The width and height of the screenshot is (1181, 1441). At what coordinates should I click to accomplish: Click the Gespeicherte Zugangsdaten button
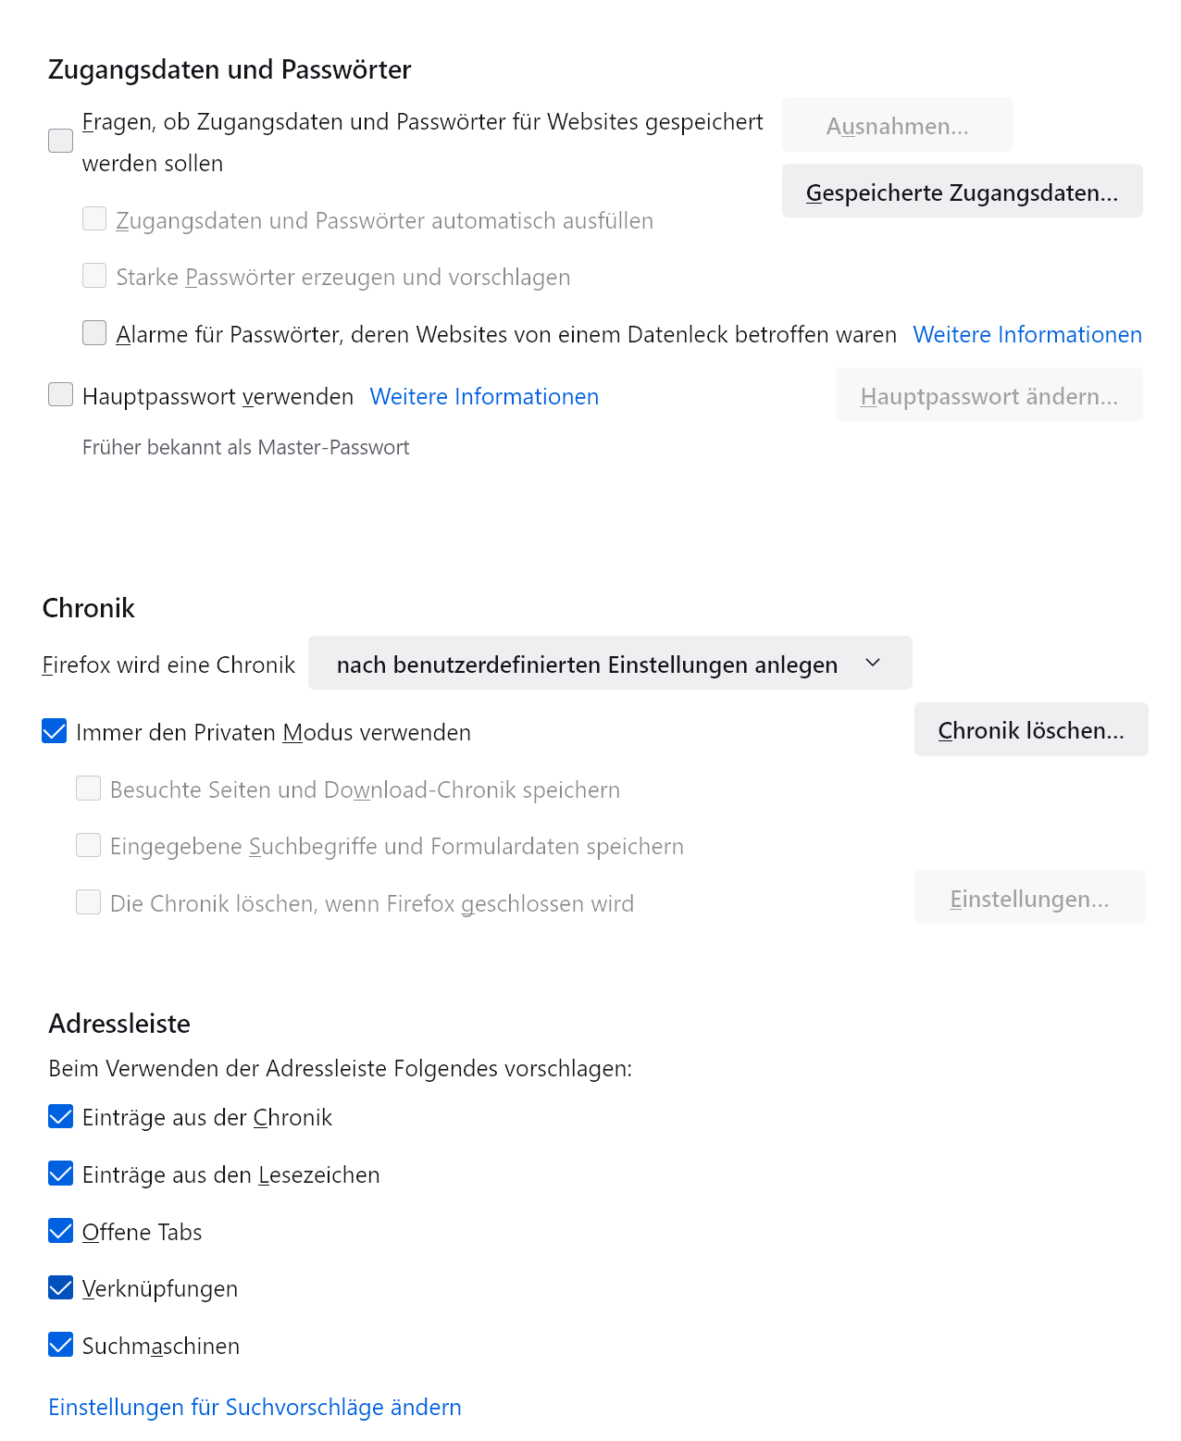tap(962, 192)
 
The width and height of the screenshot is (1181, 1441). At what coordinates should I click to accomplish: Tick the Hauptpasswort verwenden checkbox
tap(60, 395)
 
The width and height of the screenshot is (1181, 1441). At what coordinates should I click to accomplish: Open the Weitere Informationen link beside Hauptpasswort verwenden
tap(484, 396)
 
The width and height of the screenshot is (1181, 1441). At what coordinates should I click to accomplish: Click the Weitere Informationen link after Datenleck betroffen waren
tap(1027, 334)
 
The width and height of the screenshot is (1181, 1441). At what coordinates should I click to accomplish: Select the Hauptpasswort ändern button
tap(988, 395)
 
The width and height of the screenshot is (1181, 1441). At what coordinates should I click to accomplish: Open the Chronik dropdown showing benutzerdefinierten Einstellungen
tap(609, 664)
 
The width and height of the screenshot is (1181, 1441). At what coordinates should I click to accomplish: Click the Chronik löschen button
tap(1030, 730)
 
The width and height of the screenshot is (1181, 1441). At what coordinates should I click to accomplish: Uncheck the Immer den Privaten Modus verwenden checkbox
tap(55, 731)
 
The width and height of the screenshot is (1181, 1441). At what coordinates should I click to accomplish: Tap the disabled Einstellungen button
tap(1029, 898)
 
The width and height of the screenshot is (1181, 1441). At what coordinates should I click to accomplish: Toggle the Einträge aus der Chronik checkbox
tap(60, 1116)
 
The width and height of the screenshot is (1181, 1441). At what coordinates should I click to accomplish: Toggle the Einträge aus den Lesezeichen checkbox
tap(60, 1174)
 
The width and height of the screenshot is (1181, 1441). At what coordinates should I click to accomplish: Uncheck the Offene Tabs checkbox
tap(60, 1231)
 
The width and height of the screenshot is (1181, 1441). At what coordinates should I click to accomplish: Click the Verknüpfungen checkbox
tap(60, 1287)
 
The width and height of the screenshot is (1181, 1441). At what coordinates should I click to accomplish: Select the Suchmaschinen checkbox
tap(60, 1345)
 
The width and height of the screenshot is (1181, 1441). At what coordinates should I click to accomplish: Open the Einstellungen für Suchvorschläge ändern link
tap(255, 1407)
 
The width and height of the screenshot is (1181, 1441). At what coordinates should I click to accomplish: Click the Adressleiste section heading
tap(119, 1023)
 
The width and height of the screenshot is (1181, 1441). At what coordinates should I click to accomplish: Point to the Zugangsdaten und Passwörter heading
tap(230, 69)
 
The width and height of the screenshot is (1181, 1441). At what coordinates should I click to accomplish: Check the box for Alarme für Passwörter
tap(94, 333)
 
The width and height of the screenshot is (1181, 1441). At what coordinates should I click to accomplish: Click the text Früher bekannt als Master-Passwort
tap(245, 447)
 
